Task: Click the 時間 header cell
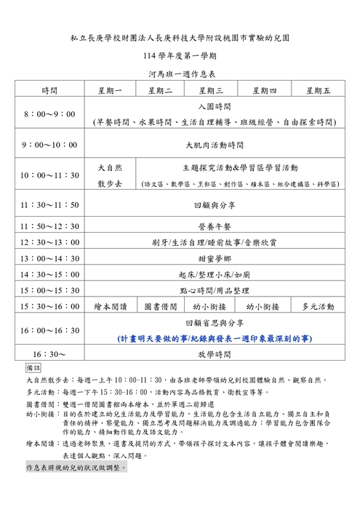(x=49, y=90)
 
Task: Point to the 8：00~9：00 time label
(x=49, y=115)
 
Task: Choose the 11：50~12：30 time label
(x=49, y=228)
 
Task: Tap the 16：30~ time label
(x=49, y=354)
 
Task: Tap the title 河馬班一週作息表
(x=180, y=73)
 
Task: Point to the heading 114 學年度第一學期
(x=180, y=55)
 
